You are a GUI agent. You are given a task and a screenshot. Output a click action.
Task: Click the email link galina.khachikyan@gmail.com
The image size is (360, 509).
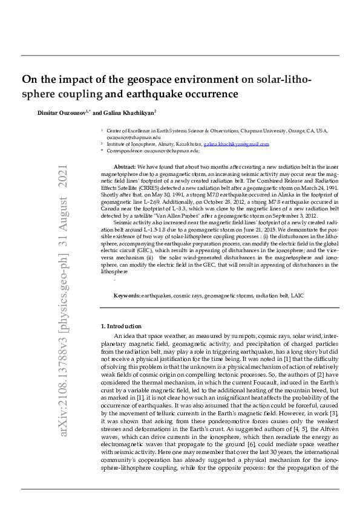coord(236,144)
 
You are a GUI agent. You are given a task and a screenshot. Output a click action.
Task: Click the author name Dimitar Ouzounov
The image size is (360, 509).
coord(62,112)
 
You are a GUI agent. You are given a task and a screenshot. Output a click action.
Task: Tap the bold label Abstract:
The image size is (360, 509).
coord(125,166)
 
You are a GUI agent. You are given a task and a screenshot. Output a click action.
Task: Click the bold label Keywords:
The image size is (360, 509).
coord(127,295)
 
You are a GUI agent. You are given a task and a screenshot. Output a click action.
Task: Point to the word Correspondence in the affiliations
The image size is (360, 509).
coord(125,151)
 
